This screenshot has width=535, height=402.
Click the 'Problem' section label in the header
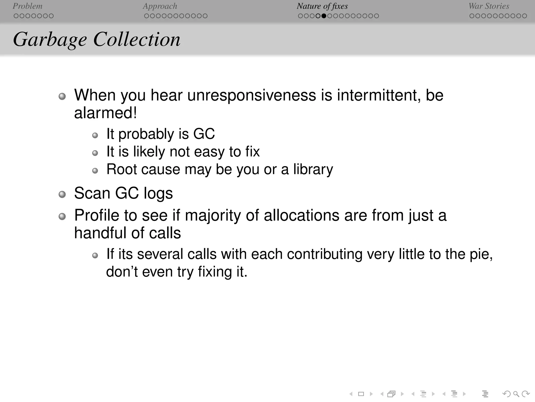27,6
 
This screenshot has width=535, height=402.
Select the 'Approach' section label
160,6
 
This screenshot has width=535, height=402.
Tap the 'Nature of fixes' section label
322,6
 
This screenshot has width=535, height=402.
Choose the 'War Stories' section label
489,6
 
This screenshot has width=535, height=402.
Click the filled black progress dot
324,16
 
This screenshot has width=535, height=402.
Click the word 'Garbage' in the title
50,40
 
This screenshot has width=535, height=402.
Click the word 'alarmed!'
105,113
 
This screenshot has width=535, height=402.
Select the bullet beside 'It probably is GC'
95,135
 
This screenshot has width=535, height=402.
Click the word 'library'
313,169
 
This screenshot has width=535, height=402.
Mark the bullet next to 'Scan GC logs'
62,194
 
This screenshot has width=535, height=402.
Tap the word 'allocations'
301,215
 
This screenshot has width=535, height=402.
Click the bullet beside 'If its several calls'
95,255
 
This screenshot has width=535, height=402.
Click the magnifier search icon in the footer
516,394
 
